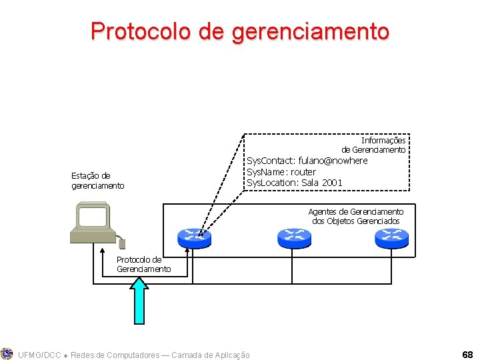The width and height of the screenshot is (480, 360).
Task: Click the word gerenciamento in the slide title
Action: (x=311, y=31)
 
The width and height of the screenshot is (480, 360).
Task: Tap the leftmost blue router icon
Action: (x=194, y=237)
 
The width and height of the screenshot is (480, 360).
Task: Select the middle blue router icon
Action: (x=294, y=237)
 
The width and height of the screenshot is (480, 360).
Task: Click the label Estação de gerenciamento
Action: (x=97, y=181)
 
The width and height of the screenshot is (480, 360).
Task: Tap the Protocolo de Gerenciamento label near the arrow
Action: (x=143, y=264)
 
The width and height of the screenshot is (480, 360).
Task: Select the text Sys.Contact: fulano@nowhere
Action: (x=307, y=161)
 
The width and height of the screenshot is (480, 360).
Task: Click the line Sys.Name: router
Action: (x=281, y=172)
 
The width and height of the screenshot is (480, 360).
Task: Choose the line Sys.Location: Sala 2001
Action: (x=295, y=183)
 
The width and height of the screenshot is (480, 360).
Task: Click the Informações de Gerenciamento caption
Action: (x=374, y=145)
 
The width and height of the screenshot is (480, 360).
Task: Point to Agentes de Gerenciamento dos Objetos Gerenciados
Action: (x=356, y=216)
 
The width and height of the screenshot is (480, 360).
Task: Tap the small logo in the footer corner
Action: (x=7, y=354)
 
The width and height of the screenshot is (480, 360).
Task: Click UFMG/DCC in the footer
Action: (x=39, y=355)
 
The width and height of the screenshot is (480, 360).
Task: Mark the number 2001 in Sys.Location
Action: (x=331, y=183)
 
